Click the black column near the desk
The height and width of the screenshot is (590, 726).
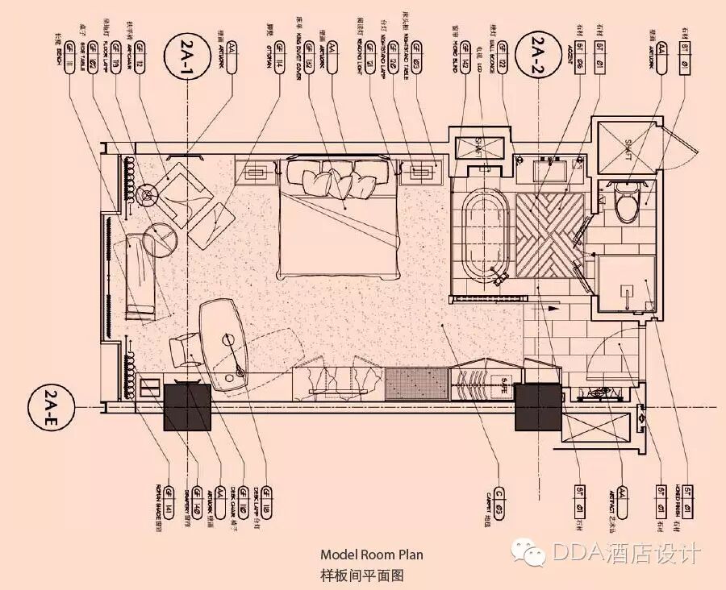[x=187, y=407]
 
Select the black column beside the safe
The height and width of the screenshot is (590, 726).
[x=536, y=407]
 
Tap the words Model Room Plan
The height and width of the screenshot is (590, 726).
[x=371, y=555]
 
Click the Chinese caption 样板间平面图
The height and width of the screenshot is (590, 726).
[x=361, y=575]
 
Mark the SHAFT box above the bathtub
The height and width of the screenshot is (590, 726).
[x=479, y=147]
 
